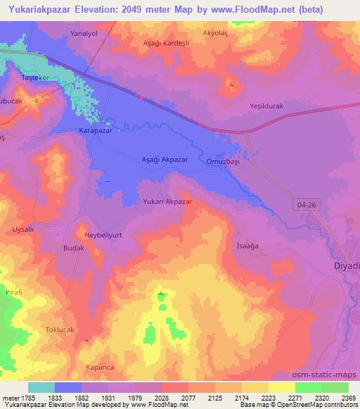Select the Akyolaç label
[x=216, y=32]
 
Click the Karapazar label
[x=95, y=131]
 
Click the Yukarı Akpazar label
[x=167, y=201]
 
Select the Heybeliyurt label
[x=103, y=235]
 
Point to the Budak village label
[x=74, y=249]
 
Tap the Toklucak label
[x=70, y=330]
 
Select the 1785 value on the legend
[x=25, y=397]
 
